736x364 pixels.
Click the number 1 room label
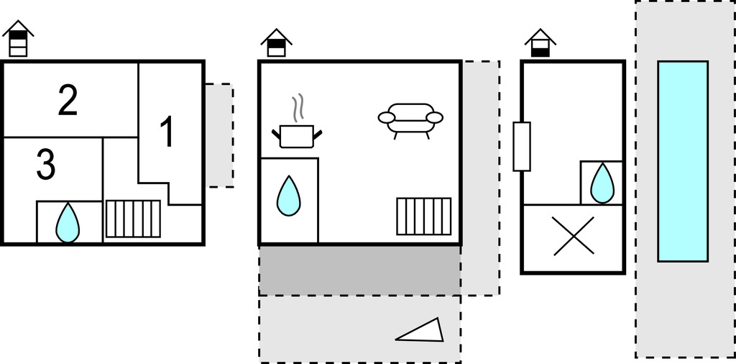(166, 133)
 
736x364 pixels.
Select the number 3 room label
(45, 165)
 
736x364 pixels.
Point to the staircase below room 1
(133, 219)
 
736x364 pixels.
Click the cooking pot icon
(296, 135)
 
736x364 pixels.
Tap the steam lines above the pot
(298, 108)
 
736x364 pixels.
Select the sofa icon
(410, 120)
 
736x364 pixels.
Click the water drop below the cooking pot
(288, 195)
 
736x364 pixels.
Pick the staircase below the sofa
(424, 216)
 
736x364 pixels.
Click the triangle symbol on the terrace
(422, 331)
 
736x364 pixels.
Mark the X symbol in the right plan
(573, 236)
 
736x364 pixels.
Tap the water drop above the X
(602, 183)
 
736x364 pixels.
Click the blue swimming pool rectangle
(682, 161)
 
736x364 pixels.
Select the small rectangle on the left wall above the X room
(521, 147)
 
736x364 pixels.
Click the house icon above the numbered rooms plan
(18, 39)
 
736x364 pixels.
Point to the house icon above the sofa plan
(276, 42)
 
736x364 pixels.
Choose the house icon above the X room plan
(540, 43)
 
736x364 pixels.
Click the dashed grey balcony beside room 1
(219, 135)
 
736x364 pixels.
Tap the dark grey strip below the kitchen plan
(359, 270)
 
